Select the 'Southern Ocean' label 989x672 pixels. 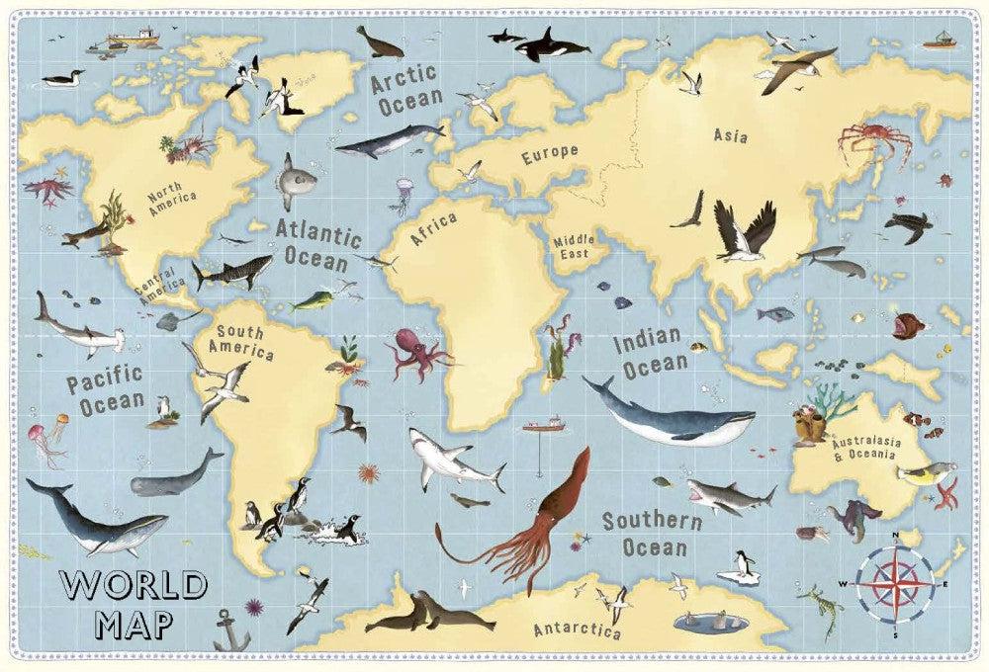pos(644,533)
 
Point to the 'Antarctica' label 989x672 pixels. pos(577,630)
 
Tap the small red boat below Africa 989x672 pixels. pos(543,427)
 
